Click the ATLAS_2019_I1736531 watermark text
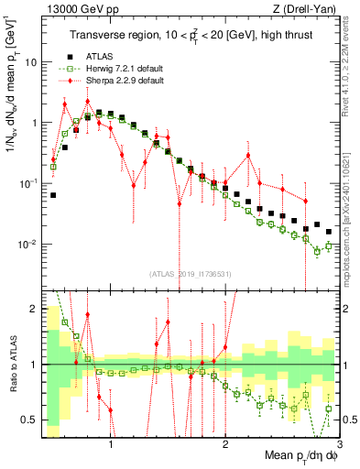point(190,274)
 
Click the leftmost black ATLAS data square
point(53,195)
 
